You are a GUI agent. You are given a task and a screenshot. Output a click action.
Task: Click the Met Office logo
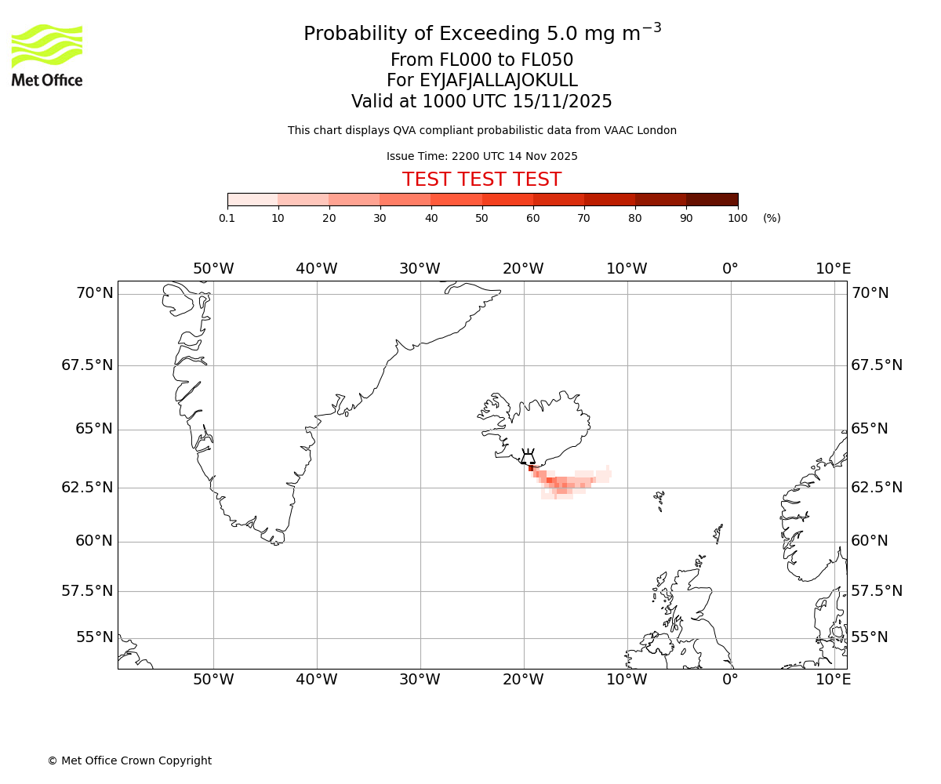pyautogui.click(x=47, y=55)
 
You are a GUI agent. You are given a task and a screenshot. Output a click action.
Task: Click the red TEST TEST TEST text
pyautogui.click(x=481, y=180)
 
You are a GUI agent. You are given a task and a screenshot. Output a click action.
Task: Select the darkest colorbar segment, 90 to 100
pyautogui.click(x=712, y=200)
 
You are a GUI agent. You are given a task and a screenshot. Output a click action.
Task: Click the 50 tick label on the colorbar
pyautogui.click(x=481, y=218)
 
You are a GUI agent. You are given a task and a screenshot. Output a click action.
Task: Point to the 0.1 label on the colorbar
pyautogui.click(x=227, y=218)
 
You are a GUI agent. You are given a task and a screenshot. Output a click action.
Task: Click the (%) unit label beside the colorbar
pyautogui.click(x=772, y=218)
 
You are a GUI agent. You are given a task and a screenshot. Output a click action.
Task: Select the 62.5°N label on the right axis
pyautogui.click(x=877, y=488)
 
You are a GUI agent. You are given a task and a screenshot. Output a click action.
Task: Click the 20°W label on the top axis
pyautogui.click(x=523, y=269)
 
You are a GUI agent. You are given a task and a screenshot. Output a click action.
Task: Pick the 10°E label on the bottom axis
pyautogui.click(x=833, y=679)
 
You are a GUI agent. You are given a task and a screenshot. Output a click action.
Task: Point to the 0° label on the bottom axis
pyautogui.click(x=730, y=679)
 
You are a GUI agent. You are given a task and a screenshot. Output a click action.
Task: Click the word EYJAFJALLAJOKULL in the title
pyautogui.click(x=499, y=81)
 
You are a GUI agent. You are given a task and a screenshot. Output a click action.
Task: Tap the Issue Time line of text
pyautogui.click(x=481, y=157)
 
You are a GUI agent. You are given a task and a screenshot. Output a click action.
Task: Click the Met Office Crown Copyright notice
pyautogui.click(x=129, y=760)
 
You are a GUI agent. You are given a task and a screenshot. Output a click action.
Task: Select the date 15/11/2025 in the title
pyautogui.click(x=562, y=102)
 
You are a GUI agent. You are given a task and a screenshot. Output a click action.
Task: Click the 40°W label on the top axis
pyautogui.click(x=317, y=269)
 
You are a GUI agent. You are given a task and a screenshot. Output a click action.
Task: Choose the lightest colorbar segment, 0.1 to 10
pyautogui.click(x=253, y=200)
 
